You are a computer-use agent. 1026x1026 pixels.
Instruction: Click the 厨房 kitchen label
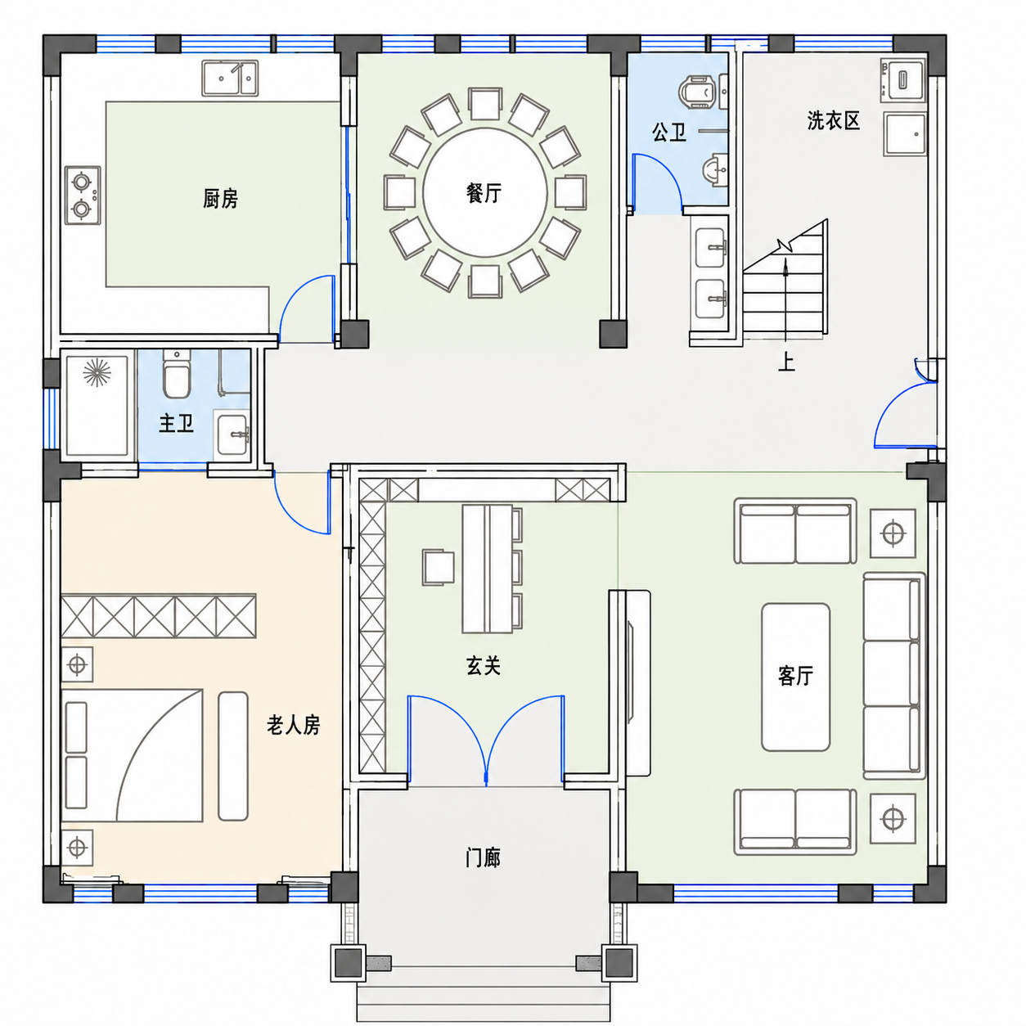220,199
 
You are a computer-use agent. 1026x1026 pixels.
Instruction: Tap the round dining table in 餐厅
485,192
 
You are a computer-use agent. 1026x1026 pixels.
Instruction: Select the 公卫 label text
669,132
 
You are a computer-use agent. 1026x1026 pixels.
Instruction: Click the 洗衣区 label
833,121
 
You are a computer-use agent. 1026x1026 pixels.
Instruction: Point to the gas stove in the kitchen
83,195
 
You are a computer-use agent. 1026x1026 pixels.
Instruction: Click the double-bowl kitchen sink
230,79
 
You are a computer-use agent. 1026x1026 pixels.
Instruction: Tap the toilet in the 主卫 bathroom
177,374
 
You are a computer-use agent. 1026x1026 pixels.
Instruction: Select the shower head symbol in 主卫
97,372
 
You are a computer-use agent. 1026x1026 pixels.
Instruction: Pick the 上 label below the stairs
786,362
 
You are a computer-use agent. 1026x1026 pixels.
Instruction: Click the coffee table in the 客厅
795,677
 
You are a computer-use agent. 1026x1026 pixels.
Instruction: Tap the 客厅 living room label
795,676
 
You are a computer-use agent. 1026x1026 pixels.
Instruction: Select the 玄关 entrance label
483,666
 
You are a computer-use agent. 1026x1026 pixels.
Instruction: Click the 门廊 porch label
483,857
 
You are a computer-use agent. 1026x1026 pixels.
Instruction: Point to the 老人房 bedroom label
294,725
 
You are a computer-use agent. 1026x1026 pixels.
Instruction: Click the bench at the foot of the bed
233,756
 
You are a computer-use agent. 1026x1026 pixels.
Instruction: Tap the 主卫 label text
176,424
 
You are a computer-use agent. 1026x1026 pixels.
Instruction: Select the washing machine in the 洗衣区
903,80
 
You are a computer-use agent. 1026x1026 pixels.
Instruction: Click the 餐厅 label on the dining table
484,193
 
